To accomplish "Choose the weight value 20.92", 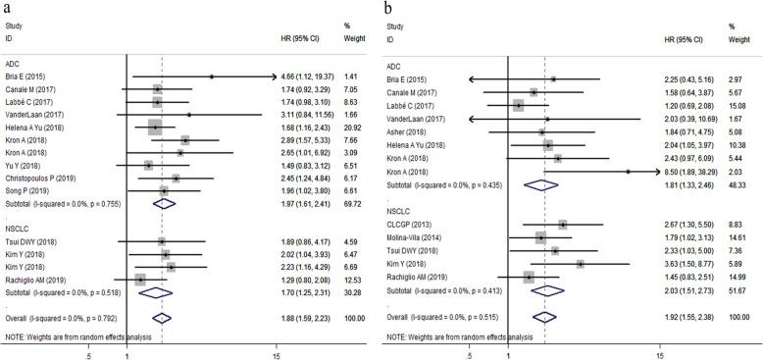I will coord(348,127).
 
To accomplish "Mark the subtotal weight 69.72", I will coord(348,204).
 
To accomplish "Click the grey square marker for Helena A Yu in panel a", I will coord(155,127).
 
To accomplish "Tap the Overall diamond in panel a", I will coord(162,318).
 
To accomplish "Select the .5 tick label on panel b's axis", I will coord(469,355).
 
